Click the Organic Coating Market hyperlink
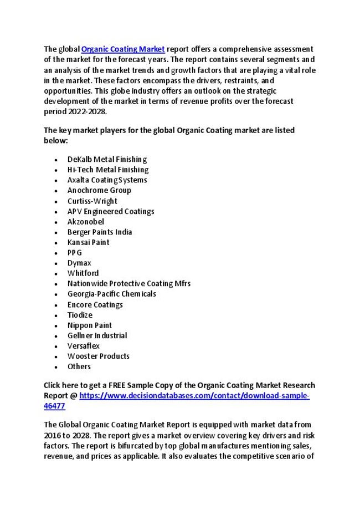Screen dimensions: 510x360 tap(123, 49)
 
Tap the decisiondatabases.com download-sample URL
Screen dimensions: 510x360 tap(194, 396)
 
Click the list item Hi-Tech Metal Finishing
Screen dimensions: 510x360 tap(108, 170)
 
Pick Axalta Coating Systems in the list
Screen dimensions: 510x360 tap(107, 180)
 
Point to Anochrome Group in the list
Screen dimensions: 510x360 tap(99, 190)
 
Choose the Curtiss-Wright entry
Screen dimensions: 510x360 tap(92, 201)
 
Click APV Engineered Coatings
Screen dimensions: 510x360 tap(111, 211)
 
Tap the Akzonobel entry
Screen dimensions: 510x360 tap(86, 222)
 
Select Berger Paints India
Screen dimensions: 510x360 tap(100, 232)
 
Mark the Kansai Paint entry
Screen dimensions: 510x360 tap(89, 242)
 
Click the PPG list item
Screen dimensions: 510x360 tap(75, 253)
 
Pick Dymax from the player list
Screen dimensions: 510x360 tap(79, 263)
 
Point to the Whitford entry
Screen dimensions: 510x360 tap(83, 273)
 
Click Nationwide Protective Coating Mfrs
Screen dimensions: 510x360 tap(129, 283)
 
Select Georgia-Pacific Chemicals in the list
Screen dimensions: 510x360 tap(112, 294)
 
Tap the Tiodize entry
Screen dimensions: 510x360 tap(80, 315)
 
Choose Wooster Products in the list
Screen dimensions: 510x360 tap(99, 356)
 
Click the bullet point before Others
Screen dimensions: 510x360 tap(56, 367)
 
